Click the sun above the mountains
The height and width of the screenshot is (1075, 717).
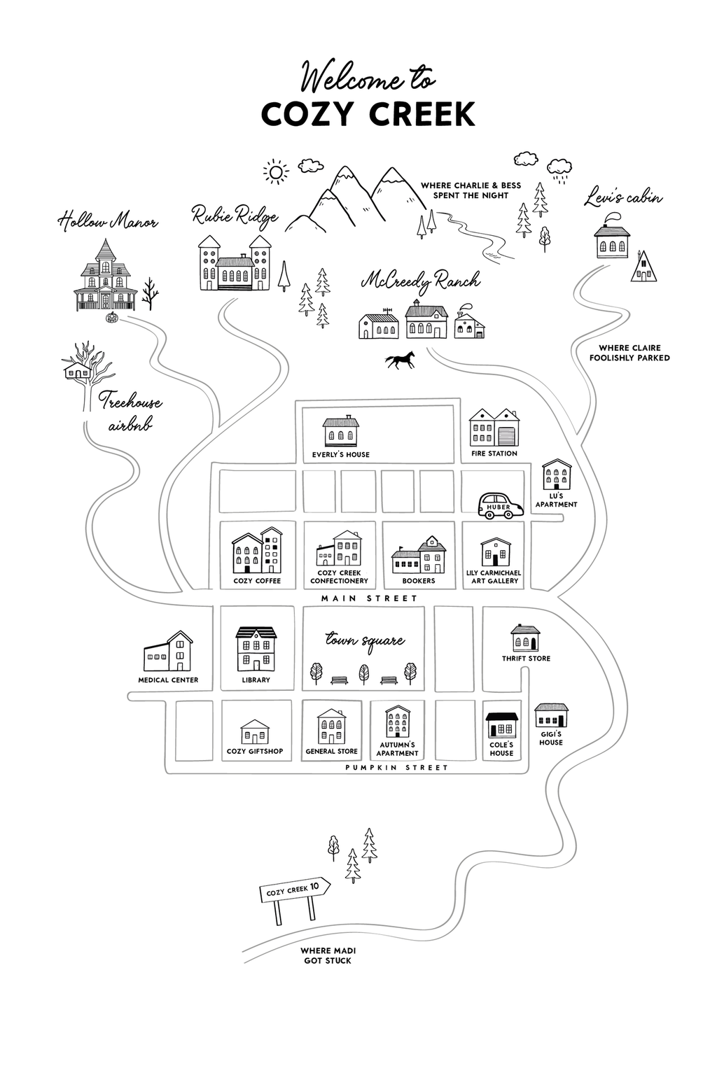pos(276,171)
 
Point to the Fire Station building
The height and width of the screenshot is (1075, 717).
pos(494,428)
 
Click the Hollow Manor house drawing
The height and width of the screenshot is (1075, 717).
pos(105,276)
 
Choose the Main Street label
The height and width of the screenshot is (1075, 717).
pos(369,598)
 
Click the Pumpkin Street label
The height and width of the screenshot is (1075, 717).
pos(396,768)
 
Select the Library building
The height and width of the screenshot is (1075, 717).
pos(256,649)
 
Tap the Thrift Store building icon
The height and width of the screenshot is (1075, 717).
pos(525,638)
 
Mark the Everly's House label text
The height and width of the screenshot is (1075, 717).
pos(340,454)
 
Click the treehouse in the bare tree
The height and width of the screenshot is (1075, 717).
pos(76,370)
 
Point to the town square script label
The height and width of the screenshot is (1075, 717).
pos(365,640)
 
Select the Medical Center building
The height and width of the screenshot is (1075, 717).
pos(168,652)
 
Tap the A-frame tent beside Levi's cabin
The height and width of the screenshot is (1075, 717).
pos(643,267)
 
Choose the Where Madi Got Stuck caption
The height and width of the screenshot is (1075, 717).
pos(328,956)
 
